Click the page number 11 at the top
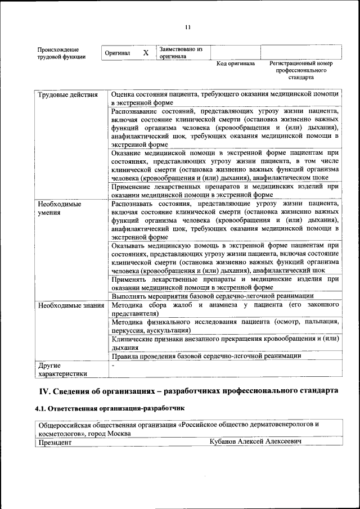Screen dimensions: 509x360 pos(188,28)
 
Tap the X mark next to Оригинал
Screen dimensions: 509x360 pos(146,53)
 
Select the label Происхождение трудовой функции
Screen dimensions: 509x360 pos(61,53)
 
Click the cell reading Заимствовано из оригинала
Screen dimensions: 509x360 pos(181,53)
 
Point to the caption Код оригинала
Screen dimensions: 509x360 pos(236,64)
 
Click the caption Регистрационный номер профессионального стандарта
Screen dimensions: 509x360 pos(301,70)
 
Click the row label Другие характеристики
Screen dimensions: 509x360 pos(62,369)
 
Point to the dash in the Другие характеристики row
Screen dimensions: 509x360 pos(113,366)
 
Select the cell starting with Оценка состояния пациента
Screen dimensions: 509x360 pos(224,98)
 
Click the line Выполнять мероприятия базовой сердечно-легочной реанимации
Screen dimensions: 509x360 pos(212,296)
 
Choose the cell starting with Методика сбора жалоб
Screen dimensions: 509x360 pos(224,309)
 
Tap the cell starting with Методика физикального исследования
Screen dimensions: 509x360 pos(224,326)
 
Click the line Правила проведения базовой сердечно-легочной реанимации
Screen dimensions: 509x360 pos(206,355)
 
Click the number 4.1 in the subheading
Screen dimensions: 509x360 pos(40,407)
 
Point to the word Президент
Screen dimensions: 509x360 pos(55,443)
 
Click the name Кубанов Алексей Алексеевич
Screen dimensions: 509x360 pos(255,443)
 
